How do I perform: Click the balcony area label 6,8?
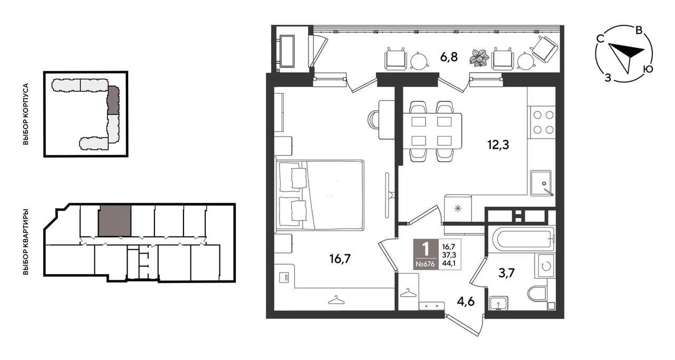coord(449,56)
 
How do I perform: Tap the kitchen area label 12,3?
coord(498,145)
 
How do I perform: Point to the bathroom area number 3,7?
coord(507,273)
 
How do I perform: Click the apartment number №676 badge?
coord(425,264)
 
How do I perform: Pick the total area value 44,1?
coord(449,264)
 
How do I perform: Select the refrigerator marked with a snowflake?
coord(458,208)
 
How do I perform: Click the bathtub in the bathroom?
coord(524,240)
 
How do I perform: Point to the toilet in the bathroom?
coord(537,294)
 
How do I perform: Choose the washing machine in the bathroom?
coord(545,266)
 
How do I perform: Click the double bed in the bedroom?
coord(320,196)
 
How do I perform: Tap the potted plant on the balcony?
coord(479,57)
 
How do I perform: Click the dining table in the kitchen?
coord(431,131)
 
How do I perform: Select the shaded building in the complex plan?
coord(113,100)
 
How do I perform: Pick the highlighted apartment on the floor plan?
coord(115,221)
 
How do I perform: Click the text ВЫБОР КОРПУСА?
coord(26,114)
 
